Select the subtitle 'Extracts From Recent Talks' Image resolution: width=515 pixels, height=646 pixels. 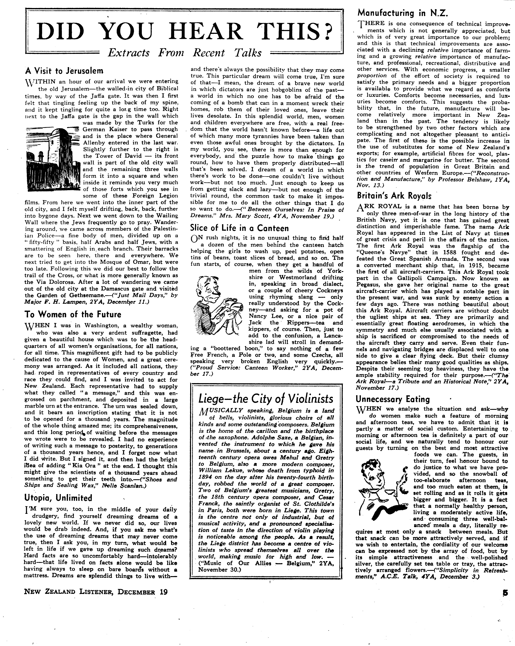pos(184,53)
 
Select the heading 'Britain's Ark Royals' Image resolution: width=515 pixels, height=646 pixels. pos(394,195)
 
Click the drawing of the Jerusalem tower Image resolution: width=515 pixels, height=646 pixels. pos(52,159)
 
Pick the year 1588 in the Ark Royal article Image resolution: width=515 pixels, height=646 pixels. pos(463,253)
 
